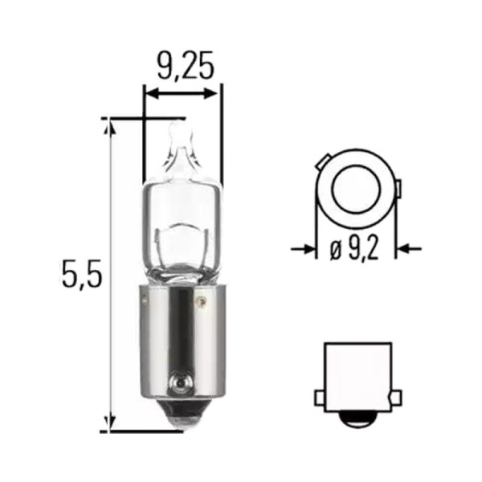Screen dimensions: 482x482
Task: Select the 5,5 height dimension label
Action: click(x=81, y=273)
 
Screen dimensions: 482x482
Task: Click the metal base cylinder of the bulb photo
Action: click(x=182, y=341)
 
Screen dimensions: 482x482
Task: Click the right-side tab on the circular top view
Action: click(x=399, y=190)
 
